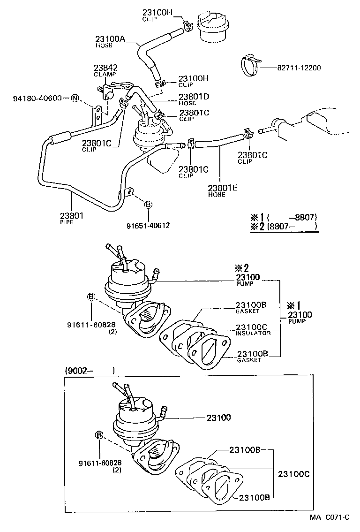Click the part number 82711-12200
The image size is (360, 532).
click(x=299, y=68)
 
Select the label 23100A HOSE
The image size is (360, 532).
click(x=110, y=42)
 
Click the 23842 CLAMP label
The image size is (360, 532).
click(x=105, y=70)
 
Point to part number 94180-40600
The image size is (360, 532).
click(x=37, y=98)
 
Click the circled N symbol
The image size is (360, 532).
click(x=74, y=98)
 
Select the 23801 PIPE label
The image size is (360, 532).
click(x=71, y=218)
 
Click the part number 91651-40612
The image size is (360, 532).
click(x=148, y=225)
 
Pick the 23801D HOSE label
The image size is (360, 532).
click(x=193, y=99)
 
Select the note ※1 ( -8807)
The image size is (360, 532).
click(x=284, y=217)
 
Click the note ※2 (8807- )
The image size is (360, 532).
click(x=284, y=226)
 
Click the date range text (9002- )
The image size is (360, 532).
click(x=89, y=370)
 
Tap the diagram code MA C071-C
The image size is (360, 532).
click(x=329, y=517)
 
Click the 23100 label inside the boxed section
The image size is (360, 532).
click(x=218, y=417)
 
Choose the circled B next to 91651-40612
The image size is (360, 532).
click(x=148, y=205)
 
